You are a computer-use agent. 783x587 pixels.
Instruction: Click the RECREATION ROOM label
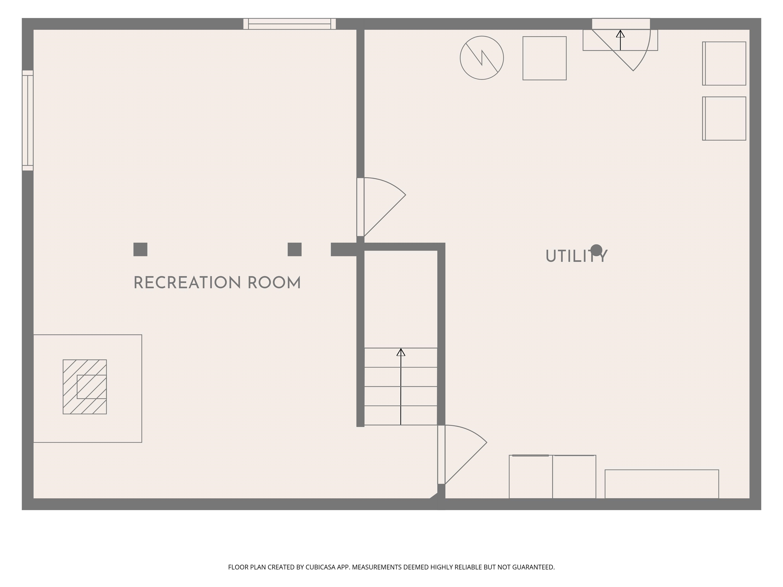point(217,283)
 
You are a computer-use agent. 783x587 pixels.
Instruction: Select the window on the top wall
point(290,24)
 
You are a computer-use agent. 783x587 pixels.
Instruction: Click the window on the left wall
point(28,120)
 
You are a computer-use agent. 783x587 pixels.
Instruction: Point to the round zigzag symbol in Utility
point(482,58)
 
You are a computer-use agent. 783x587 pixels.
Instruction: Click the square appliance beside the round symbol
point(544,58)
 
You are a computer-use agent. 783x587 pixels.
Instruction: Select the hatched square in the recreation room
point(85,387)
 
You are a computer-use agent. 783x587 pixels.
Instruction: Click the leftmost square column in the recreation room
point(140,249)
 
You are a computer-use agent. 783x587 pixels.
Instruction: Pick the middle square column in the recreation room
point(294,249)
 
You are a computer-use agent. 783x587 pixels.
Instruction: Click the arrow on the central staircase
point(401,386)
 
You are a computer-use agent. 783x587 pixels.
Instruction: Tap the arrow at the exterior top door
point(620,39)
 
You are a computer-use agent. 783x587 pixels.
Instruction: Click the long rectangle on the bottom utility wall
point(662,484)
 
